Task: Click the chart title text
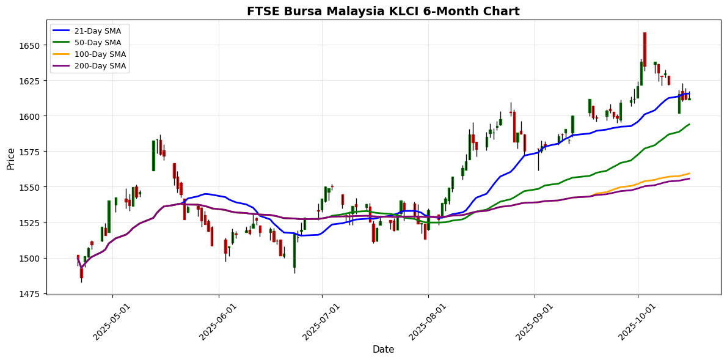pyautogui.click(x=383, y=11)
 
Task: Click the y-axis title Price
pyautogui.click(x=10, y=158)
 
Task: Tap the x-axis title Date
pyautogui.click(x=383, y=350)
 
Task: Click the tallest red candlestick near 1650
pyautogui.click(x=645, y=50)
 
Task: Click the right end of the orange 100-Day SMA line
pyautogui.click(x=689, y=173)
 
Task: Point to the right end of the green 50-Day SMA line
pyautogui.click(x=689, y=124)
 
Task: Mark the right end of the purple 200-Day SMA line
pyautogui.click(x=689, y=178)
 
